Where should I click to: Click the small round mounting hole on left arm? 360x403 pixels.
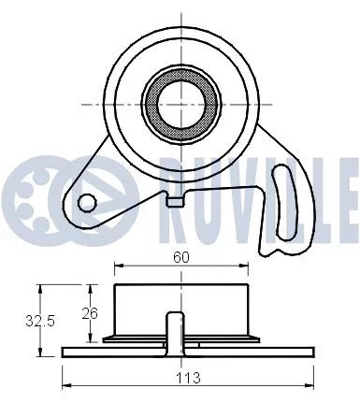87,200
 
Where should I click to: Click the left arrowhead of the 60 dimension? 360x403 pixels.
116,265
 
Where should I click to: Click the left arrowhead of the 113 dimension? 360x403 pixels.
65,384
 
